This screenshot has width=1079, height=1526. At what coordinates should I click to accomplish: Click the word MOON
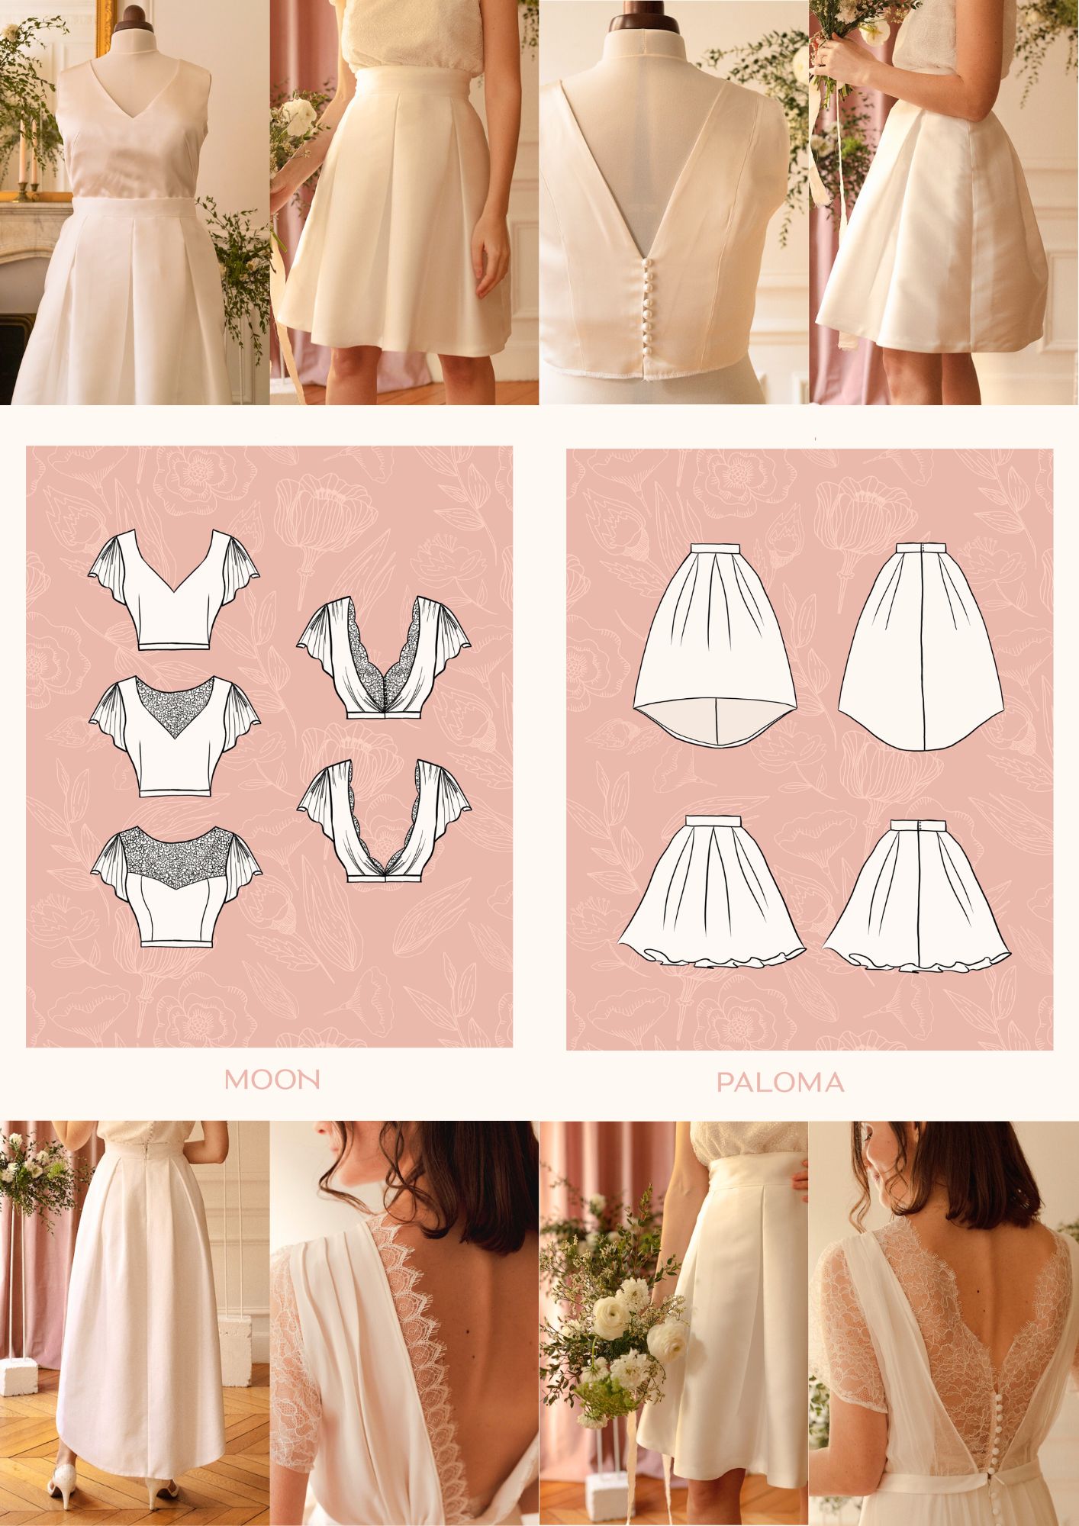(272, 1079)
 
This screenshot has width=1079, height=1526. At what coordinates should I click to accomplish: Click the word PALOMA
(780, 1082)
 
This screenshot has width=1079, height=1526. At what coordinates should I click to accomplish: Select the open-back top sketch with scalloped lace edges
(384, 820)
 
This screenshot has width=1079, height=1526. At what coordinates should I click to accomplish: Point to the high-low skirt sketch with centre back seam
(921, 645)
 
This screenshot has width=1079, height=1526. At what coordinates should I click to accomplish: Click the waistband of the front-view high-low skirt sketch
(715, 548)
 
